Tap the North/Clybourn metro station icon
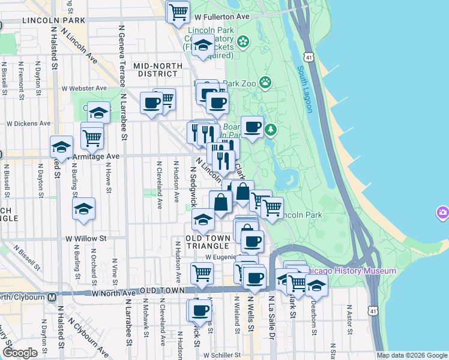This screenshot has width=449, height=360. coord(52,296)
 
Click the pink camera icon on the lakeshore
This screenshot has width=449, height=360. coord(443,212)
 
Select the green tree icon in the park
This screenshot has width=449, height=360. coord(271,129)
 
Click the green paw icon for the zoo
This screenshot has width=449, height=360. coord(265,82)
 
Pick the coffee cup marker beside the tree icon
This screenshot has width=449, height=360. coord(252,127)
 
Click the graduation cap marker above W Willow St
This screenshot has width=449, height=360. coord(83,208)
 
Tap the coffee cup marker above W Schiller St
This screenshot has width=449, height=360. coord(200,310)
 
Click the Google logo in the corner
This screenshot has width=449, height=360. coord(20,352)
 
